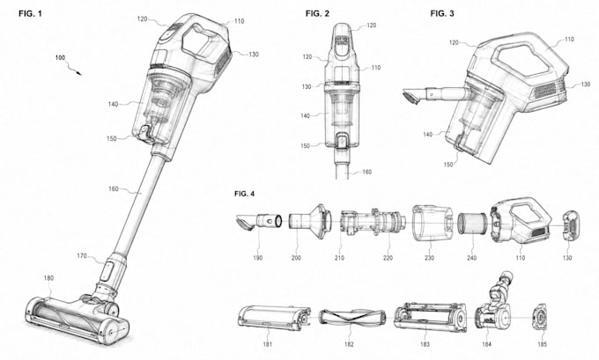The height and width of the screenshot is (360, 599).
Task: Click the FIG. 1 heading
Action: click(30, 14)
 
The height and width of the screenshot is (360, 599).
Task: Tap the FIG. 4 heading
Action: click(244, 194)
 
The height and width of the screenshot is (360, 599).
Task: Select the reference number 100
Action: click(61, 57)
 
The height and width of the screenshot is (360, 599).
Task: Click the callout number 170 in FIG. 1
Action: click(82, 256)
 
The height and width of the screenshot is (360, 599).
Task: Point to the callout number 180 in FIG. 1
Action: click(48, 278)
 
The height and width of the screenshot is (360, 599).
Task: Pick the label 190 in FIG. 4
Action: click(258, 258)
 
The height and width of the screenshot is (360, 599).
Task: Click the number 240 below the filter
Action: click(472, 258)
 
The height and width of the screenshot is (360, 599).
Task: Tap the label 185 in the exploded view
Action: click(542, 344)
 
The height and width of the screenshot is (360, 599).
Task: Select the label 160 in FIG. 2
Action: click(366, 173)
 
